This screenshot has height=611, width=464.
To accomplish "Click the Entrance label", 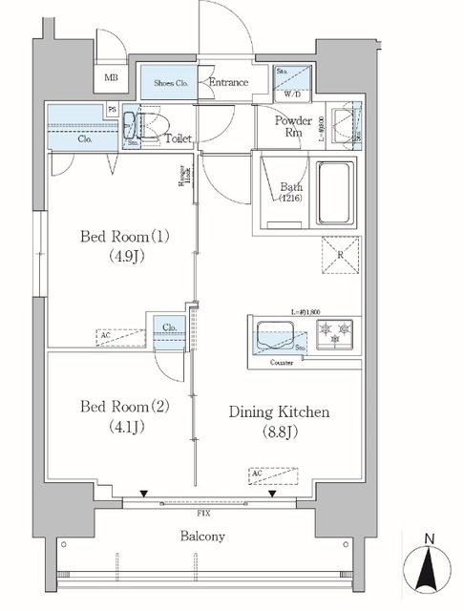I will (x=228, y=83).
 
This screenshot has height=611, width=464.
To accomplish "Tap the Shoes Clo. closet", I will (x=170, y=83).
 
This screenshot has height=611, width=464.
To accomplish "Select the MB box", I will (x=112, y=79).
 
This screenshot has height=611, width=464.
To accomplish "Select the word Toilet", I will (x=179, y=139).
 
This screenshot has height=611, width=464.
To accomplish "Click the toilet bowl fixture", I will (x=153, y=126).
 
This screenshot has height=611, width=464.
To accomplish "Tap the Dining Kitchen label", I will (x=280, y=421).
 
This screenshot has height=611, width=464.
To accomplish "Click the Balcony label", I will (x=202, y=537).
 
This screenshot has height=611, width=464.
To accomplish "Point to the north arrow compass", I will (x=429, y=567).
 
